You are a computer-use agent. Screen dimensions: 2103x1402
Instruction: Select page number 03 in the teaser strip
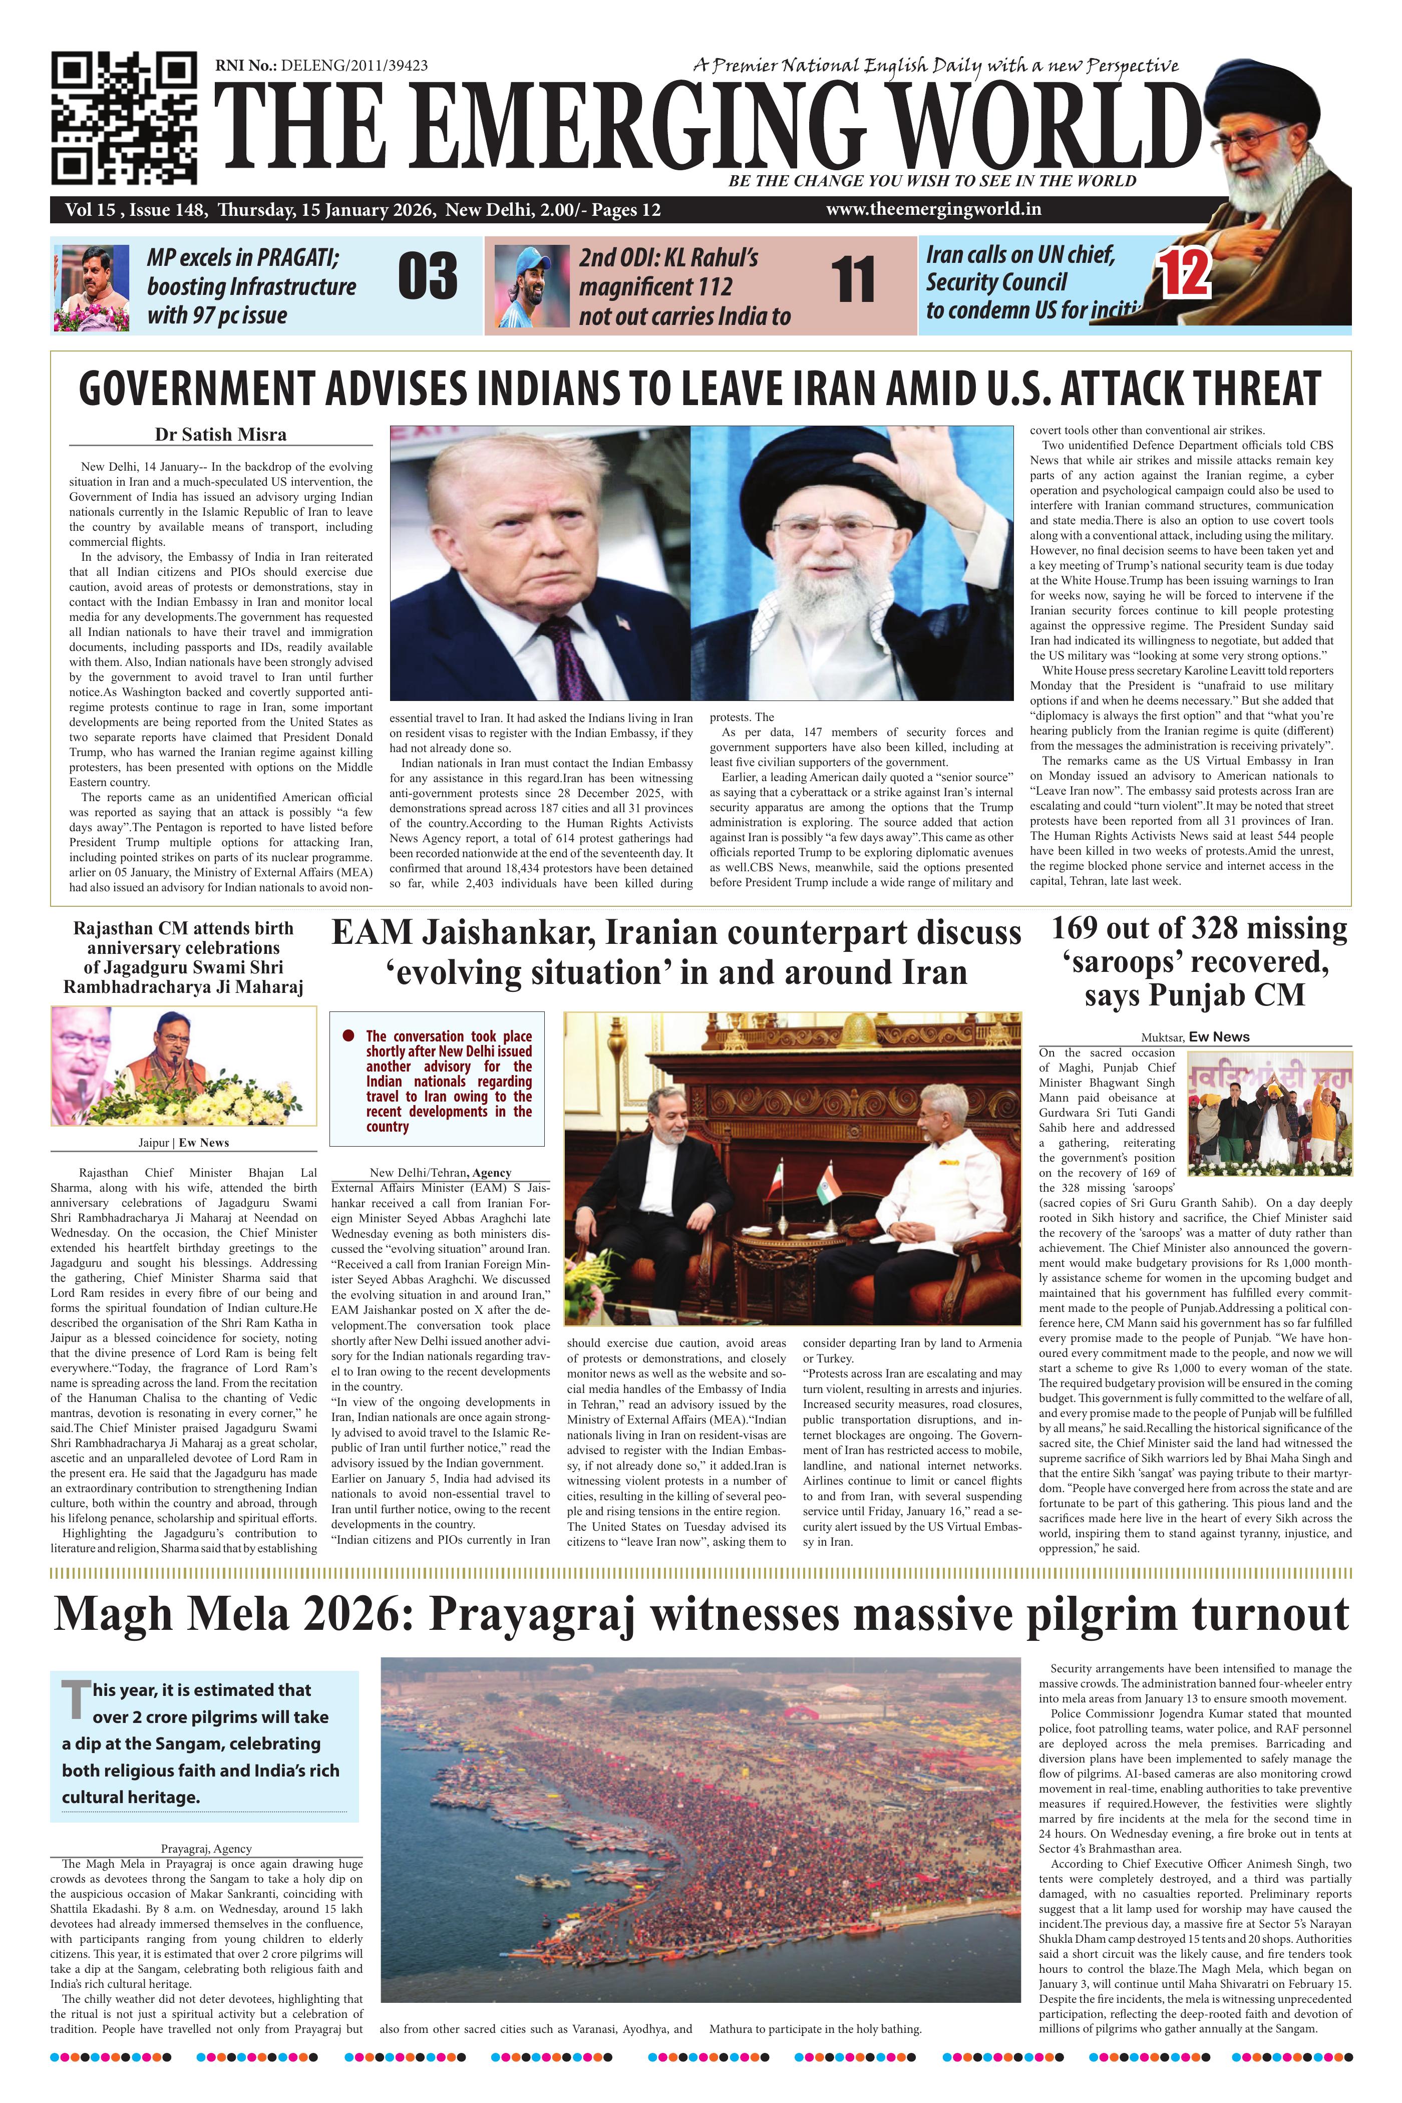(x=428, y=277)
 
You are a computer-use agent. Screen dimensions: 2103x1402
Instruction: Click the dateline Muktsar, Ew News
(x=1195, y=1037)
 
